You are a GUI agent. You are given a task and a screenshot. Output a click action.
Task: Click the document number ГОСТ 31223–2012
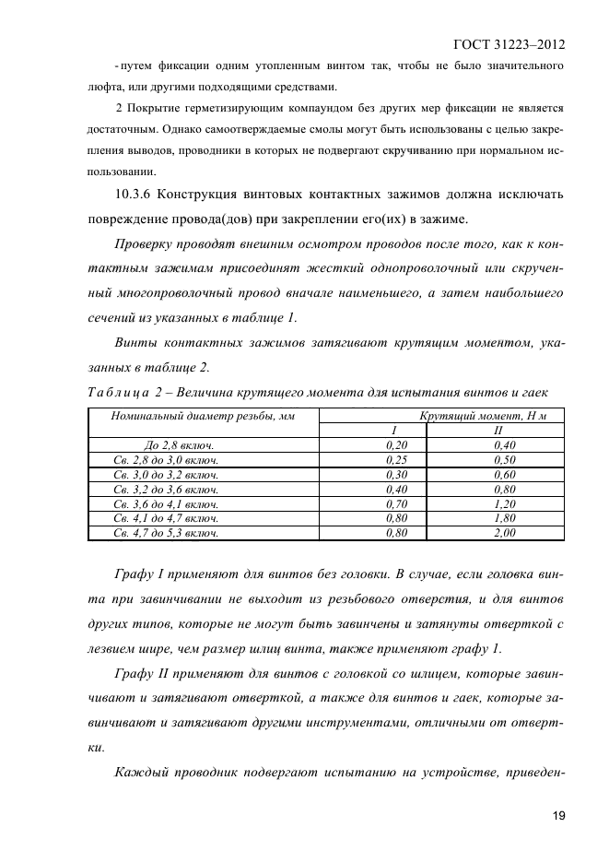point(509,44)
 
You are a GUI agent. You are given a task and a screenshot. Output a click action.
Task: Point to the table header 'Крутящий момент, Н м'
point(483,417)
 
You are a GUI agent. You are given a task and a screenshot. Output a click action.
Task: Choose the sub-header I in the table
point(393,431)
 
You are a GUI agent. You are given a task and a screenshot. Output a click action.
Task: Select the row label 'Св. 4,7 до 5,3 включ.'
point(166,533)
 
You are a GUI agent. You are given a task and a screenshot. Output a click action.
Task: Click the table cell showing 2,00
point(504,533)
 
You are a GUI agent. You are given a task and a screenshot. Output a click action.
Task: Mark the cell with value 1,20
point(504,504)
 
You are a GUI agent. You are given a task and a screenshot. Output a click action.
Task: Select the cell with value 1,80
point(504,518)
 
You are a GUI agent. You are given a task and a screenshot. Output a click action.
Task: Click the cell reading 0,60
point(504,474)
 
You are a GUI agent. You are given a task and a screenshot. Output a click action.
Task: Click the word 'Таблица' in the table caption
point(112,394)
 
